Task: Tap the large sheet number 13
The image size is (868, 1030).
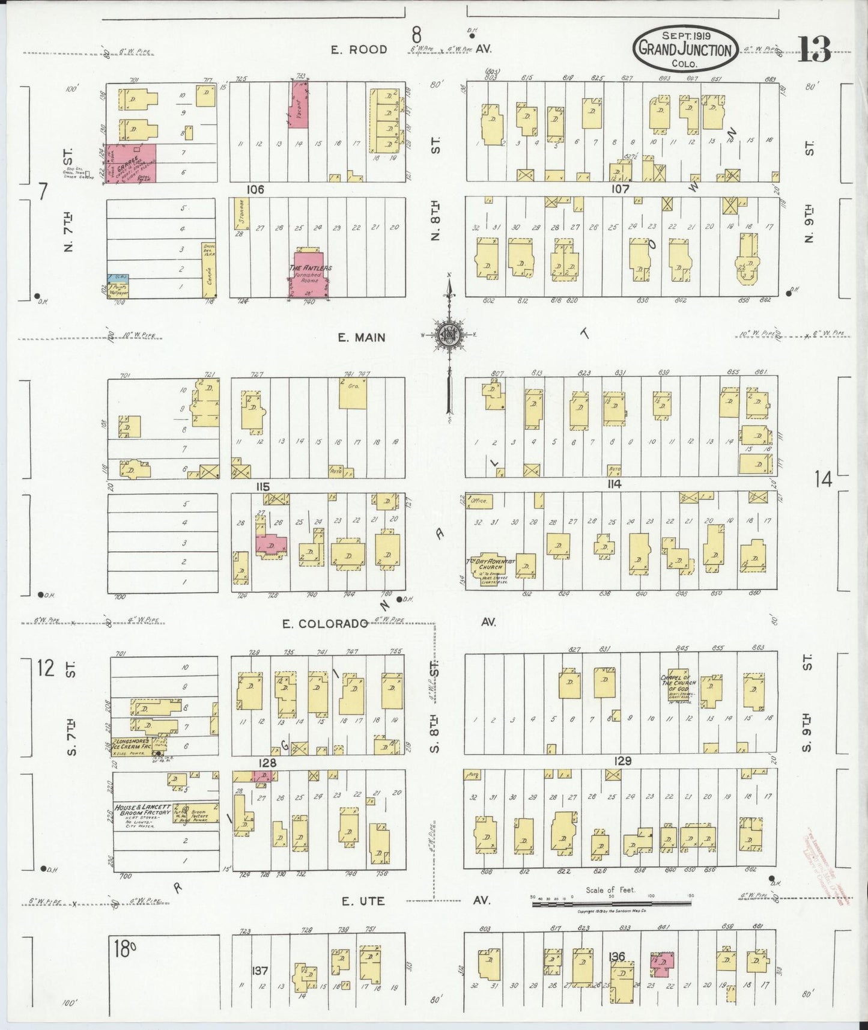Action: coord(814,49)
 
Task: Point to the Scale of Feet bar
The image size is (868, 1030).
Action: coord(612,903)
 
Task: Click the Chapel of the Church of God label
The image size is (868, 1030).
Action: coord(678,682)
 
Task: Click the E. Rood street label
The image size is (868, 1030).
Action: coord(359,49)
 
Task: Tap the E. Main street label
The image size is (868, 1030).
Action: coord(361,338)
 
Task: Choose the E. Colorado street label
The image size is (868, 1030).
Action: coord(325,624)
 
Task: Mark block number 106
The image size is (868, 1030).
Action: coord(255,190)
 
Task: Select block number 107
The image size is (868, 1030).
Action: coord(620,189)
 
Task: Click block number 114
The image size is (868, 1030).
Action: coord(613,484)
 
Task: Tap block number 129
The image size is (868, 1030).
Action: coord(623,761)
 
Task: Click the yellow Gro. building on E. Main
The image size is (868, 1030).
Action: coord(353,393)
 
